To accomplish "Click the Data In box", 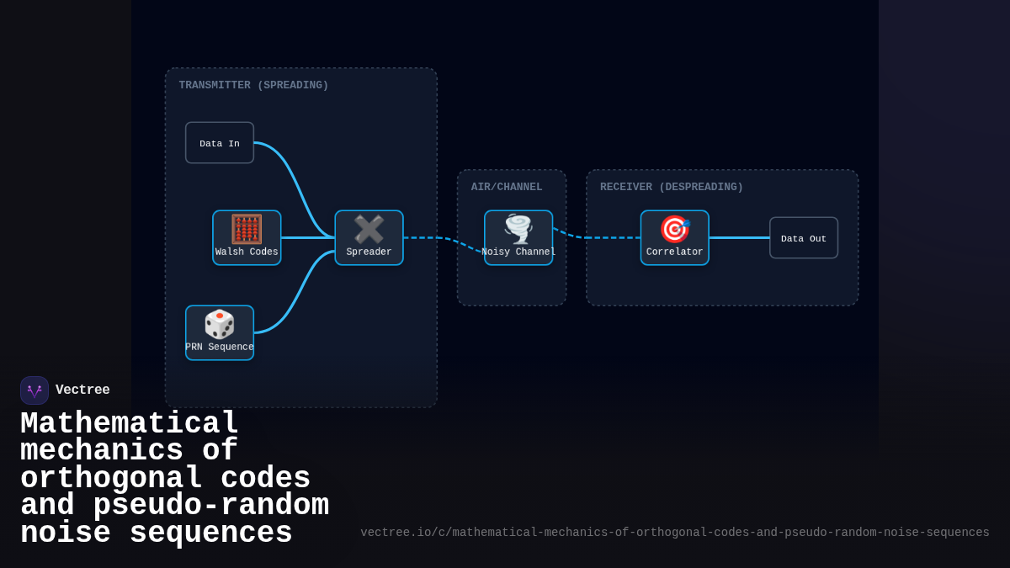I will pyautogui.click(x=219, y=143).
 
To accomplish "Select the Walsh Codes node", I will pyautogui.click(x=247, y=238).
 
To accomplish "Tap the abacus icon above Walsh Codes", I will pyautogui.click(x=247, y=229).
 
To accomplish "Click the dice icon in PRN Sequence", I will pyautogui.click(x=220, y=324).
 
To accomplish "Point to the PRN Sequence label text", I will pyautogui.click(x=220, y=347).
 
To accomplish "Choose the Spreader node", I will pyautogui.click(x=369, y=238).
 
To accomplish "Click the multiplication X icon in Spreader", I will pyautogui.click(x=369, y=229).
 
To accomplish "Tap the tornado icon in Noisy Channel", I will pyautogui.click(x=518, y=229).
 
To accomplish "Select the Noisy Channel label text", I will pyautogui.click(x=518, y=252).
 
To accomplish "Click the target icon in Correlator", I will pyautogui.click(x=674, y=229).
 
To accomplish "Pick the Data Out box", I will pyautogui.click(x=804, y=238).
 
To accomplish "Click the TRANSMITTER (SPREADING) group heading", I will pyautogui.click(x=253, y=85).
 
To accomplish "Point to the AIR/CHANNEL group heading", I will pyautogui.click(x=507, y=187).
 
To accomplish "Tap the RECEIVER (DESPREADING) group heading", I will pyautogui.click(x=672, y=187).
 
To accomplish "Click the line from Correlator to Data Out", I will pyautogui.click(x=739, y=238).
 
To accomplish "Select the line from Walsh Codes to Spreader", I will pyautogui.click(x=307, y=238).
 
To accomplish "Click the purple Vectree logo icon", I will pyautogui.click(x=35, y=390).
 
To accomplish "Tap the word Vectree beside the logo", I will pyautogui.click(x=82, y=390).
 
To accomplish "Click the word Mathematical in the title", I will pyautogui.click(x=130, y=423).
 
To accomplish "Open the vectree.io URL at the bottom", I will pyautogui.click(x=675, y=533).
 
